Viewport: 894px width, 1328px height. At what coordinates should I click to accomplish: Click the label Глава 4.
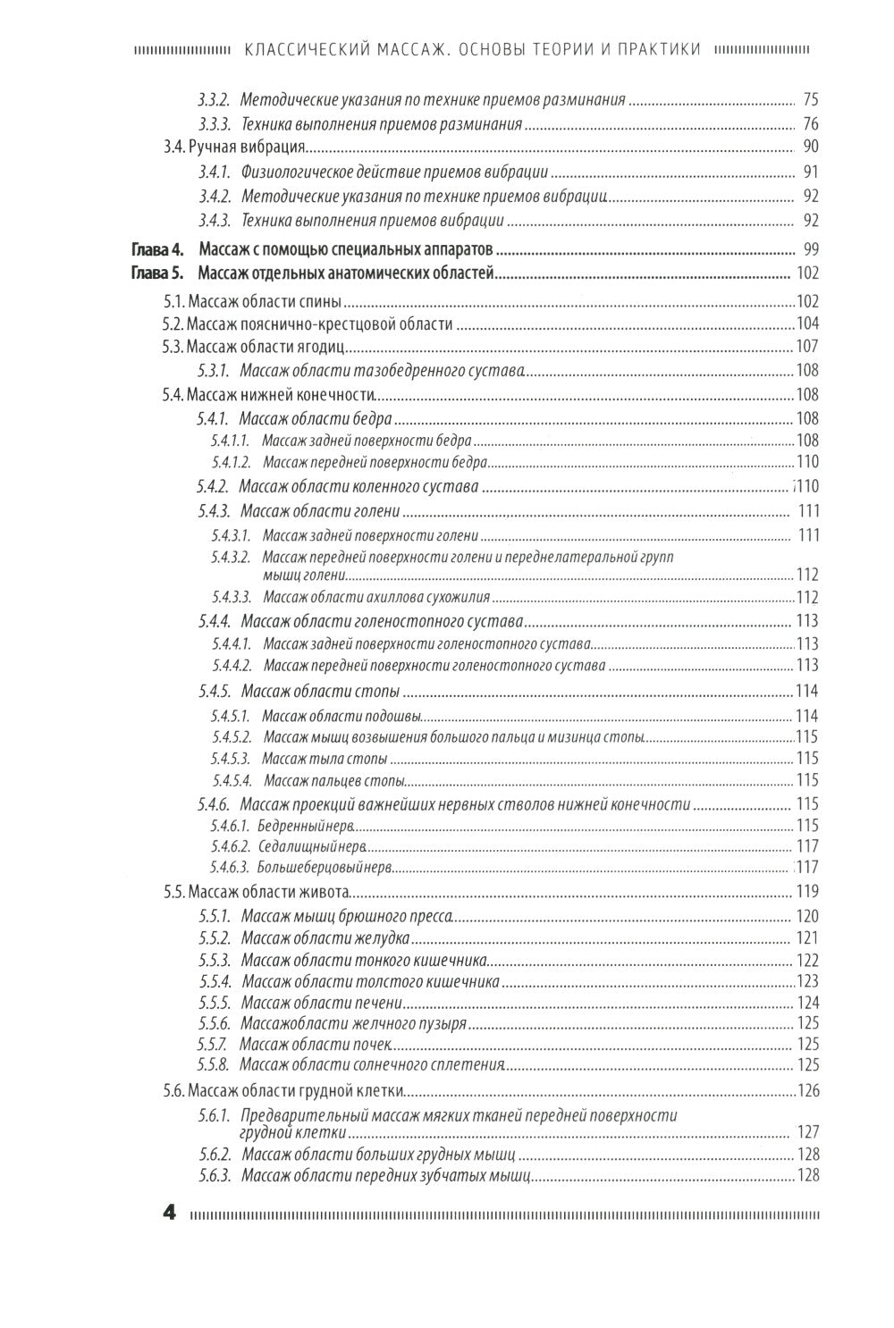[157, 250]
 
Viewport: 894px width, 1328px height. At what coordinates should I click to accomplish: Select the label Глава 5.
[157, 273]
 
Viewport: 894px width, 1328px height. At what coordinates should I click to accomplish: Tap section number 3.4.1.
[215, 172]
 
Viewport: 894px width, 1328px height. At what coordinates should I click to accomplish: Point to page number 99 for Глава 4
[811, 250]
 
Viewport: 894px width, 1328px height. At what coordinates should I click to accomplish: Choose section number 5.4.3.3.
[232, 597]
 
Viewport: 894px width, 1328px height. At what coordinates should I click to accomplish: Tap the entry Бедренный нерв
[307, 825]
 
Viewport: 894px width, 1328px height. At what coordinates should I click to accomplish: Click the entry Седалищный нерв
[311, 845]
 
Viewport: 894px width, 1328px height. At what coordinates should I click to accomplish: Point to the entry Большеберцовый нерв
[325, 867]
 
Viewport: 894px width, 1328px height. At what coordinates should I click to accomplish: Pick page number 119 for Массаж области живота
[807, 891]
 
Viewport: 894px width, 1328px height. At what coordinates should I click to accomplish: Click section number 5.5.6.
[215, 1023]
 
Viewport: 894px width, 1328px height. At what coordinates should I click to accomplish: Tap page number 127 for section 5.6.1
[807, 1132]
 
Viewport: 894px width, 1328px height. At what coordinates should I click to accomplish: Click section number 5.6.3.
[215, 1175]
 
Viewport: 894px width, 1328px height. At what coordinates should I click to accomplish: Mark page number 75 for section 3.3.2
[811, 99]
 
